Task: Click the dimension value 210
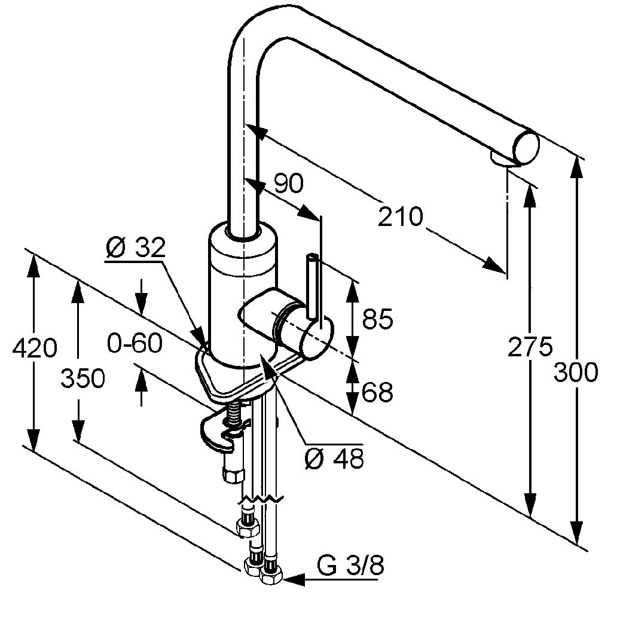pos(400,216)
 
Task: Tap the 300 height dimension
pos(576,372)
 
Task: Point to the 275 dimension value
pos(530,347)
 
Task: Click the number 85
pos(377,319)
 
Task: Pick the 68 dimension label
pos(377,392)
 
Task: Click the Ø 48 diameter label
pos(333,459)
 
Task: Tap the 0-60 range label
pos(135,343)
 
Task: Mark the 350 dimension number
pos(83,378)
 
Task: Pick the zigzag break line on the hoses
pos(261,497)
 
